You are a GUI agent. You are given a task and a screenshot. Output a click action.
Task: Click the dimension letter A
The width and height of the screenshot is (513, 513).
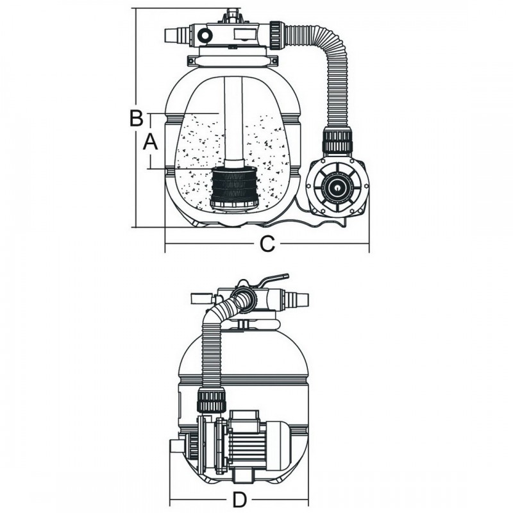pyautogui.click(x=149, y=142)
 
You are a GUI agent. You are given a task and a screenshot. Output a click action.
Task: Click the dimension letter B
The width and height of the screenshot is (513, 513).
pyautogui.click(x=135, y=119)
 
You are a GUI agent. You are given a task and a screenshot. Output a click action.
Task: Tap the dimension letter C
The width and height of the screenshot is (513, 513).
pyautogui.click(x=267, y=244)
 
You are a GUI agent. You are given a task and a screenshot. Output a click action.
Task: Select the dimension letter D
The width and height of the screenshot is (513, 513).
pyautogui.click(x=239, y=500)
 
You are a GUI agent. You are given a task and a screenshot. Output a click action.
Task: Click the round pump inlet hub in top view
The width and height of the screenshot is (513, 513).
pyautogui.click(x=335, y=187)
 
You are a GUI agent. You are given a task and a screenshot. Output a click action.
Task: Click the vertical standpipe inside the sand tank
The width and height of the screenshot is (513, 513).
pyautogui.click(x=234, y=122)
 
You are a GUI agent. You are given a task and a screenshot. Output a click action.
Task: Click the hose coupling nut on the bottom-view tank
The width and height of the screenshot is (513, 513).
pyautogui.click(x=212, y=399)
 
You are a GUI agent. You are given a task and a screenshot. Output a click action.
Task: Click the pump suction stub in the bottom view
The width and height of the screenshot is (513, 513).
pyautogui.click(x=176, y=446)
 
